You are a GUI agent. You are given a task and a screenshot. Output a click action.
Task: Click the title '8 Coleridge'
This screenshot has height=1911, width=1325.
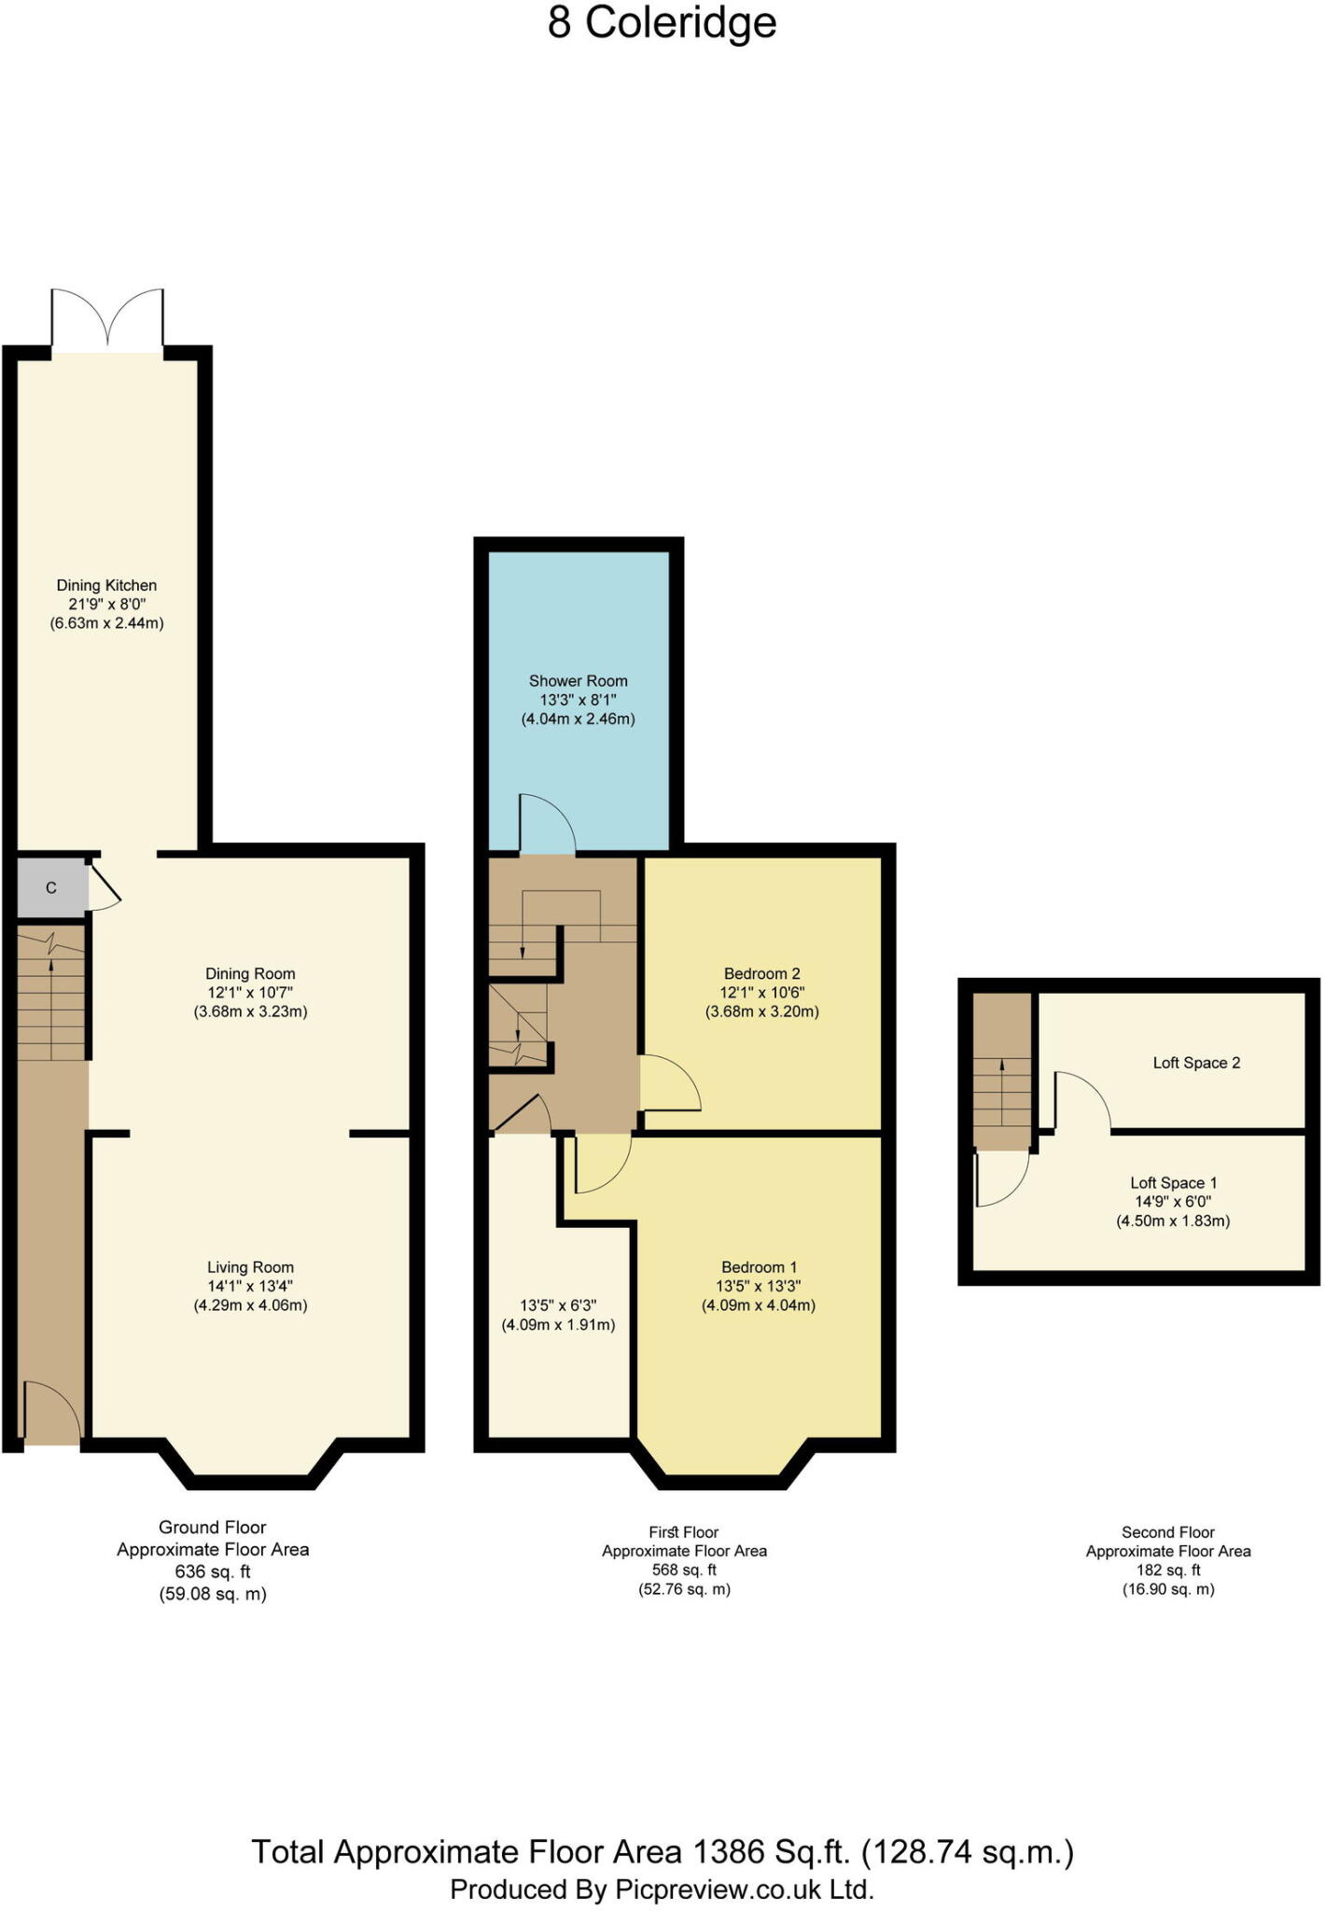[662, 23]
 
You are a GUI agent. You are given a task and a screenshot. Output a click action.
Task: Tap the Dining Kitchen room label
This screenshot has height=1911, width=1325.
[106, 585]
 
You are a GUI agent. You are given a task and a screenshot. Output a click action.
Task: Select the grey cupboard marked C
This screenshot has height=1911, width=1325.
[52, 887]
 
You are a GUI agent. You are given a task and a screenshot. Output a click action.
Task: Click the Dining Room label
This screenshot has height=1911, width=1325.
[250, 973]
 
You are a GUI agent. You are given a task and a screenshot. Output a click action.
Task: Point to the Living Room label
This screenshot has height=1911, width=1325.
[250, 1267]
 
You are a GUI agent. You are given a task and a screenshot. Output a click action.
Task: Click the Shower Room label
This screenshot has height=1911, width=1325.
[579, 681]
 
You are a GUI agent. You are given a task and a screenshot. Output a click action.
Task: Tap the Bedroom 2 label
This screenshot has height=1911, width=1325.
[762, 973]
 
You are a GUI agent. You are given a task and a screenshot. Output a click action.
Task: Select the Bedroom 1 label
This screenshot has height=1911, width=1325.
[759, 1267]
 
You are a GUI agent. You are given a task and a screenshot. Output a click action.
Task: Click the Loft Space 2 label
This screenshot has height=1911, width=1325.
[1196, 1063]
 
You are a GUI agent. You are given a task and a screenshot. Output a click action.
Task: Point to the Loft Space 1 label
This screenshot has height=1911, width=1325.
[1174, 1183]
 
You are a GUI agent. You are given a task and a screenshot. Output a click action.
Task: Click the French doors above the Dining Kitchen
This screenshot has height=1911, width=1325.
[107, 320]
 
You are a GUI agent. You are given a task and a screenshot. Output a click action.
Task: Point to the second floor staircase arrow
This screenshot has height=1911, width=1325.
[1002, 1092]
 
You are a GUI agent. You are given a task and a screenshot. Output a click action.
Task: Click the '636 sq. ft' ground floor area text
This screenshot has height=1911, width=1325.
[213, 1571]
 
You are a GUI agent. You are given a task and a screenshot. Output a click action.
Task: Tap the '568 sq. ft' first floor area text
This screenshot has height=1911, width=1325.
[684, 1570]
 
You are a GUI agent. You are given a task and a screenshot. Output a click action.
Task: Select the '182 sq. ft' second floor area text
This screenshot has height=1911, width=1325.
[1168, 1570]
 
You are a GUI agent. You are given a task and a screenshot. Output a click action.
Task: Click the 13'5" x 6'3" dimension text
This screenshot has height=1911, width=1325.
[558, 1305]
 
